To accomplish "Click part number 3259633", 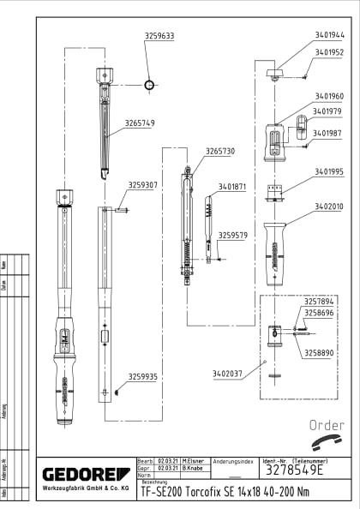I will tap(159, 36).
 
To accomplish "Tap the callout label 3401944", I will tap(329, 36).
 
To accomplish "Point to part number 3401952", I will tap(329, 52).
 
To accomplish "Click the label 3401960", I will tap(329, 96).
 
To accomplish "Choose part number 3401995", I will tap(329, 171).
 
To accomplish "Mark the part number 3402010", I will tap(329, 207).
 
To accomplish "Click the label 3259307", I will tap(143, 185).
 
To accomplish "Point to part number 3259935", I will tap(143, 376).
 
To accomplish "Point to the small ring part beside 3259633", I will tap(150, 85).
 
